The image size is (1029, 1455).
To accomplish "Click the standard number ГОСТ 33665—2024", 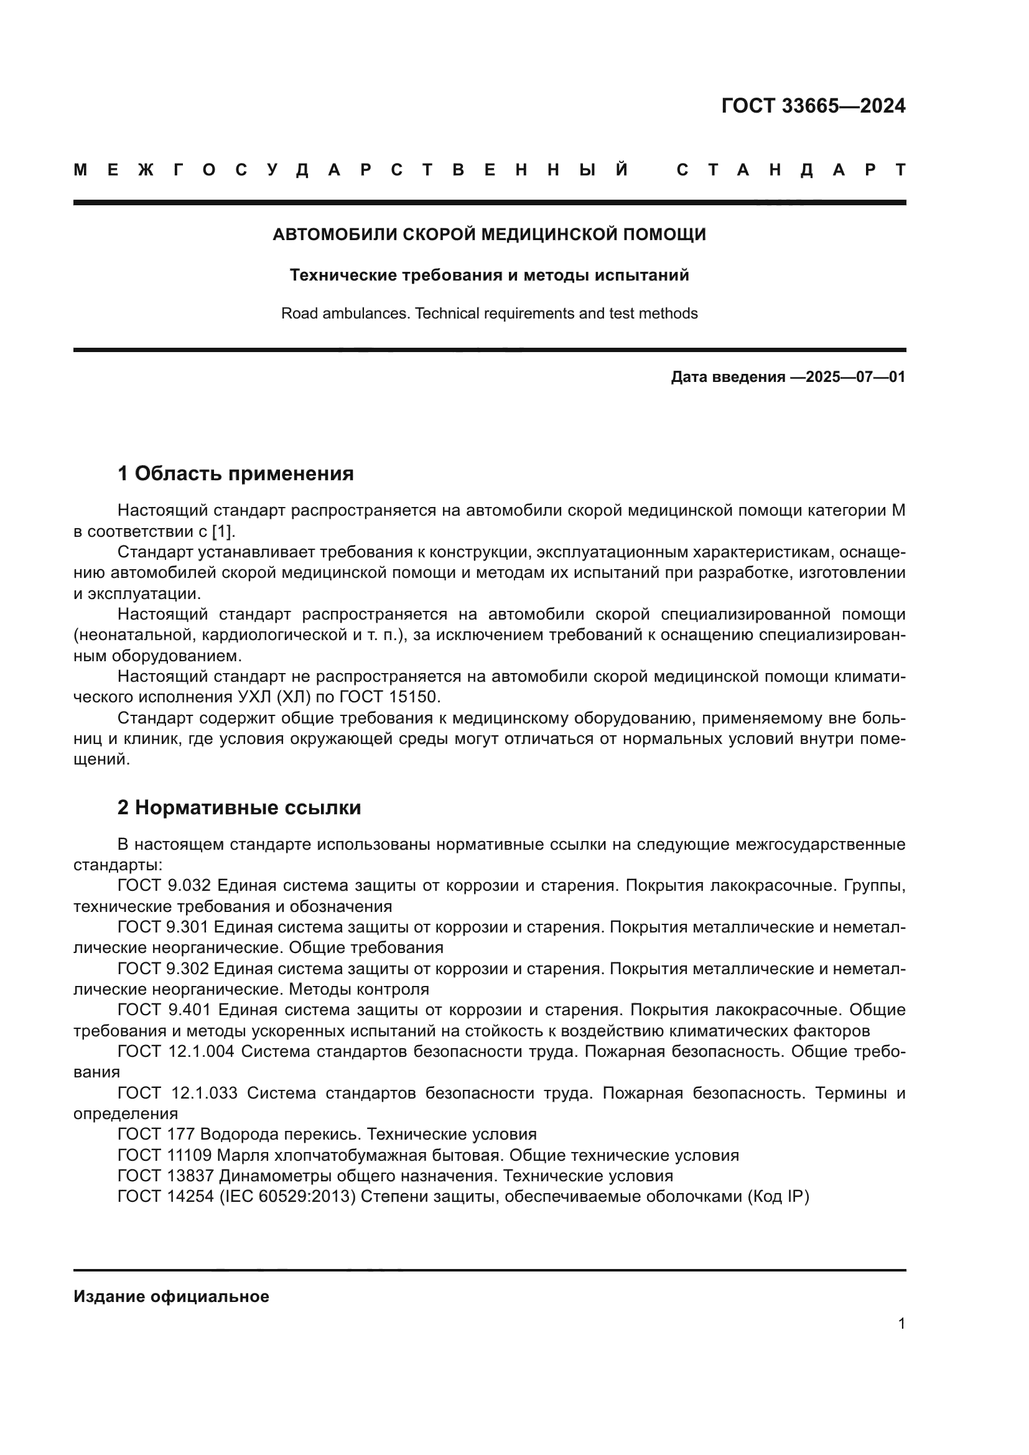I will pyautogui.click(x=813, y=106).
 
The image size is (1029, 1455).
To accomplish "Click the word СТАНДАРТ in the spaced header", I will pyautogui.click(x=791, y=170).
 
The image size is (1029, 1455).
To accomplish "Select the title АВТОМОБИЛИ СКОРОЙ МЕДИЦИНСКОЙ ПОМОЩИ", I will pyautogui.click(x=489, y=235).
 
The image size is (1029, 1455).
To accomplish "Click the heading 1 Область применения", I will pyautogui.click(x=236, y=473).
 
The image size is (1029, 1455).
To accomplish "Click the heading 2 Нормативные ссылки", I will pyautogui.click(x=240, y=808).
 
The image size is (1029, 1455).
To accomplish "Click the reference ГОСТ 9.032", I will pyautogui.click(x=165, y=885).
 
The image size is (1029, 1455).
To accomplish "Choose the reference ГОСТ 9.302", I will pyautogui.click(x=164, y=969).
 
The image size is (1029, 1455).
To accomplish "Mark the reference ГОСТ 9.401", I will pyautogui.click(x=165, y=1010).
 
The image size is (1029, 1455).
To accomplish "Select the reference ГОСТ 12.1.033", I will pyautogui.click(x=177, y=1093).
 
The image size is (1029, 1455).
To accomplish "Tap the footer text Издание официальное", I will pyautogui.click(x=171, y=1296).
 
